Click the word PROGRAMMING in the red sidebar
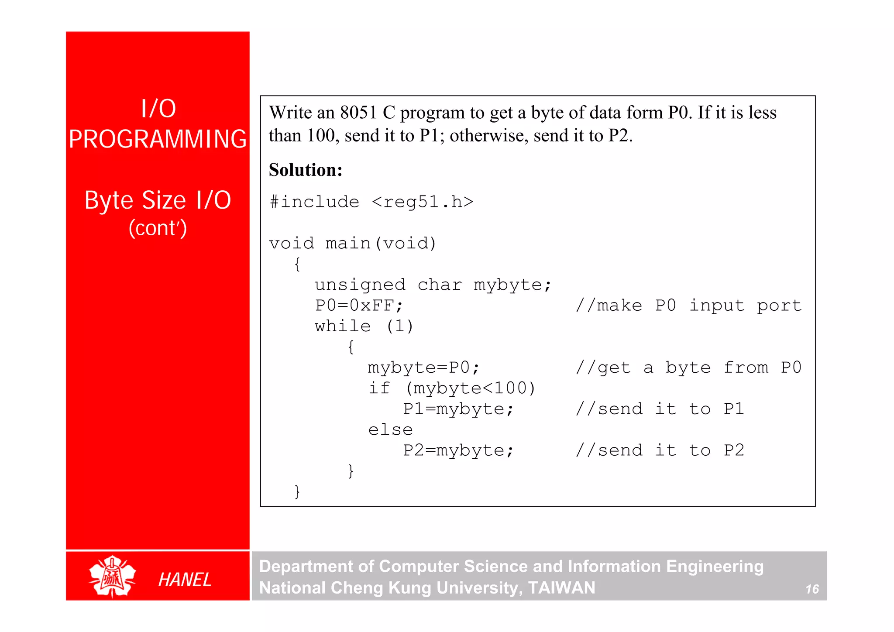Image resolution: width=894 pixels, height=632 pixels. click(158, 139)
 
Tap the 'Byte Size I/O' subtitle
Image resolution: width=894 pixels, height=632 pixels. click(158, 200)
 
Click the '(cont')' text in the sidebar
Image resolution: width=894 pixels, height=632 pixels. click(158, 228)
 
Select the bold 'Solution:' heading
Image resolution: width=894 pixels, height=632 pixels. click(306, 170)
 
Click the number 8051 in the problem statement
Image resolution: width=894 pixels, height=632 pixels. click(358, 113)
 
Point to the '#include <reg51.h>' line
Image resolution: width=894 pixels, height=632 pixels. click(371, 202)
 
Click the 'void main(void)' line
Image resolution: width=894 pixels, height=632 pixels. click(353, 243)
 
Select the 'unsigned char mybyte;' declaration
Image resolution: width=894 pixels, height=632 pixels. click(433, 285)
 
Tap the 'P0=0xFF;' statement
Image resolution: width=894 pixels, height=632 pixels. click(359, 305)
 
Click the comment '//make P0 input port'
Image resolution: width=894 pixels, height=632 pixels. click(688, 305)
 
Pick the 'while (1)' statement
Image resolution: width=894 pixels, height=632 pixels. click(364, 326)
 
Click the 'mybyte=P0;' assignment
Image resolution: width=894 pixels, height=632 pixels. click(423, 368)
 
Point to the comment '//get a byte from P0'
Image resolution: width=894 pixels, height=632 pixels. click(688, 368)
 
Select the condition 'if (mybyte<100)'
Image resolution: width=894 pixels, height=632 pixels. click(452, 388)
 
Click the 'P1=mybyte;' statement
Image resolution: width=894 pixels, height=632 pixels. click(458, 409)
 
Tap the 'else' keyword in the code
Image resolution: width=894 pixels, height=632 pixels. click(390, 429)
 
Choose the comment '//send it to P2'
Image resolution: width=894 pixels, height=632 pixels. click(660, 450)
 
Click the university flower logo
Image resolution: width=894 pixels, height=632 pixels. click(112, 576)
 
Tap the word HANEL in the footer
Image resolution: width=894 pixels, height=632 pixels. click(185, 580)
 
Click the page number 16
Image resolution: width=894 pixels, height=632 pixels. click(812, 589)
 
